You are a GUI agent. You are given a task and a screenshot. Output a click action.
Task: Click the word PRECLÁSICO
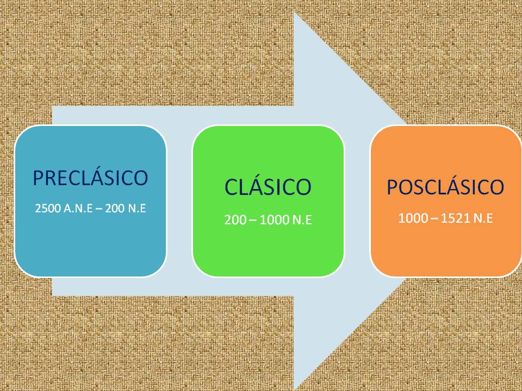click(x=90, y=178)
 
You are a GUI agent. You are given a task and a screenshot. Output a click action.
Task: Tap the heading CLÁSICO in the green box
click(x=268, y=187)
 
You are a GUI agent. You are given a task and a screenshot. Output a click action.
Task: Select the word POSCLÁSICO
click(x=445, y=187)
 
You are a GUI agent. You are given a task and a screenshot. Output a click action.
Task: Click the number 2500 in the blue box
click(x=46, y=208)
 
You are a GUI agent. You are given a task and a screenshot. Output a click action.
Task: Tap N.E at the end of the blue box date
click(x=138, y=208)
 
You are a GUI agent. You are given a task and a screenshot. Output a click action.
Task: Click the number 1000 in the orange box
click(x=410, y=218)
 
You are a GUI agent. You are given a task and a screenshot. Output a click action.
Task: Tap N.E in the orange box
click(x=482, y=218)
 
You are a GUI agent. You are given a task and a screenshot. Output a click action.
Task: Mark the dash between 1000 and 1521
click(x=430, y=218)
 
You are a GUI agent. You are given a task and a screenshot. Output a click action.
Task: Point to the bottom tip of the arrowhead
click(x=295, y=388)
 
